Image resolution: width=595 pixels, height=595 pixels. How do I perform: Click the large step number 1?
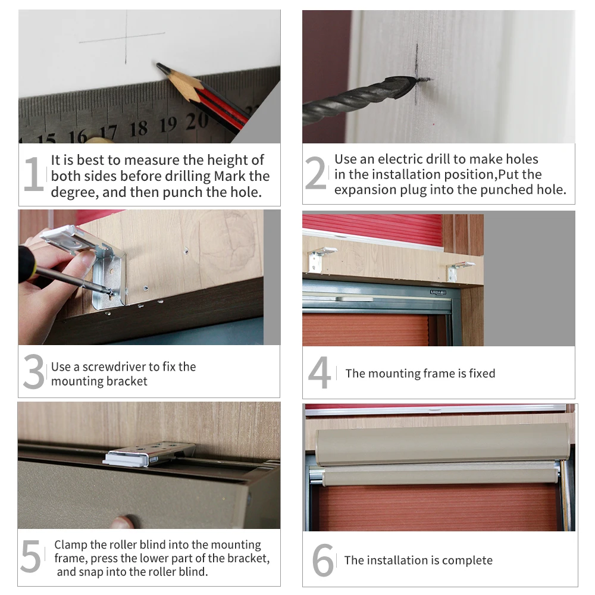[34, 174]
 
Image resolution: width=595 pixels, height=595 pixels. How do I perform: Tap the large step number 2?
[316, 173]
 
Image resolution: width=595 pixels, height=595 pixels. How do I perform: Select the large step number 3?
[34, 371]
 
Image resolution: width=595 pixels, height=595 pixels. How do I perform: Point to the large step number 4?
[320, 372]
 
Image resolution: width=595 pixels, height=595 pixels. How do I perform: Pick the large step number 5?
[31, 556]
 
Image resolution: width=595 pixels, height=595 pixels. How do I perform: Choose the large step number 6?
[323, 560]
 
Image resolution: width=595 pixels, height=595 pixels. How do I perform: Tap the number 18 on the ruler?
[139, 129]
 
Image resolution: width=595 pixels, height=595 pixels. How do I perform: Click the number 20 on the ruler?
[197, 121]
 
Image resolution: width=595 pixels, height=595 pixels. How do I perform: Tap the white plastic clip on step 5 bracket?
[125, 459]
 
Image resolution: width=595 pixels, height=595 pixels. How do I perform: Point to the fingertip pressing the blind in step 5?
[123, 522]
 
